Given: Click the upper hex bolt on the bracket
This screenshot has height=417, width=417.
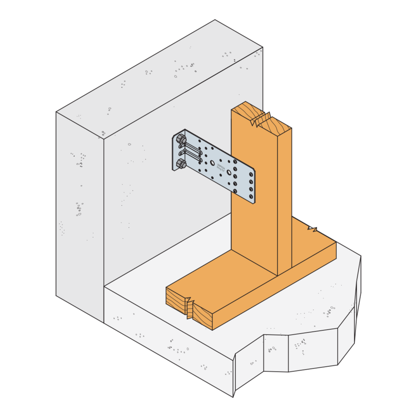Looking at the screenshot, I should pyautogui.click(x=181, y=139).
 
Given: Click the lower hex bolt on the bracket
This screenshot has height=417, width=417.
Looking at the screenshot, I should pyautogui.click(x=181, y=164).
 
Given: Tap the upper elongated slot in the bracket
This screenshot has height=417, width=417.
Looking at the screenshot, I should pyautogui.click(x=192, y=145).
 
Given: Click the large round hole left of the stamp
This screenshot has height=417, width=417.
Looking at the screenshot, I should pyautogui.click(x=212, y=163).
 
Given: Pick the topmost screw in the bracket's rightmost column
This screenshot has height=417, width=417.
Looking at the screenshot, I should pyautogui.click(x=251, y=174).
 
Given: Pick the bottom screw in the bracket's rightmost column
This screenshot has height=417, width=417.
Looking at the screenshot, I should pyautogui.click(x=251, y=196).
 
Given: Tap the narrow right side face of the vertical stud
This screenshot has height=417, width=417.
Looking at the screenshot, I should pyautogui.click(x=284, y=199).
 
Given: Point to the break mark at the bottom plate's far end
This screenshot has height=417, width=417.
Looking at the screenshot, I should pyautogui.click(x=313, y=230).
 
